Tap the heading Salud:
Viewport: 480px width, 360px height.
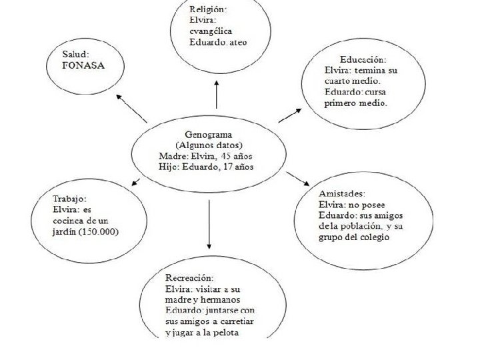(x=76, y=54)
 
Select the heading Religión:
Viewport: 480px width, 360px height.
(x=208, y=9)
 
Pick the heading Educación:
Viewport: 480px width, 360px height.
(x=363, y=59)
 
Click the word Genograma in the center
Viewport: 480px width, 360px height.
(x=209, y=135)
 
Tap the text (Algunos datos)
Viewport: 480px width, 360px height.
(x=209, y=145)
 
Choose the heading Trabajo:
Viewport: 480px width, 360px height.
(x=69, y=198)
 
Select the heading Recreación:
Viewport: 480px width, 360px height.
(x=189, y=277)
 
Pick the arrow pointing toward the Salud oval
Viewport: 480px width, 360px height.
(x=131, y=108)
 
